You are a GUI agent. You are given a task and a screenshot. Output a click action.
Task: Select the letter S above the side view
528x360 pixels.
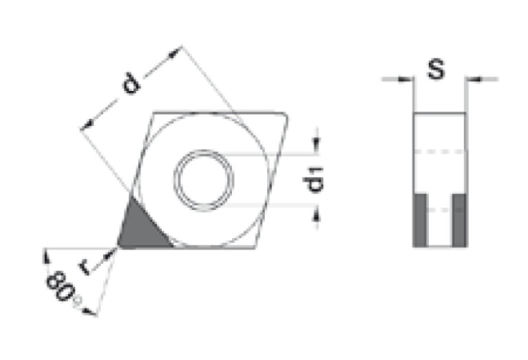pos(435,68)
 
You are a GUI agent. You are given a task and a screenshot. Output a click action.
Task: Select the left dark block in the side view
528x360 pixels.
pos(420,220)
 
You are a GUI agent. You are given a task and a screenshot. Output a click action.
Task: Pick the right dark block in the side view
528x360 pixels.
pos(459,220)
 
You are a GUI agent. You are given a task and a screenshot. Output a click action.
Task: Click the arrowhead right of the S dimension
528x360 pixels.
pos(472,80)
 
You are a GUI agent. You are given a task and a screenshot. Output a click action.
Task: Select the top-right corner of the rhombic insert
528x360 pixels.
pos(288,112)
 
